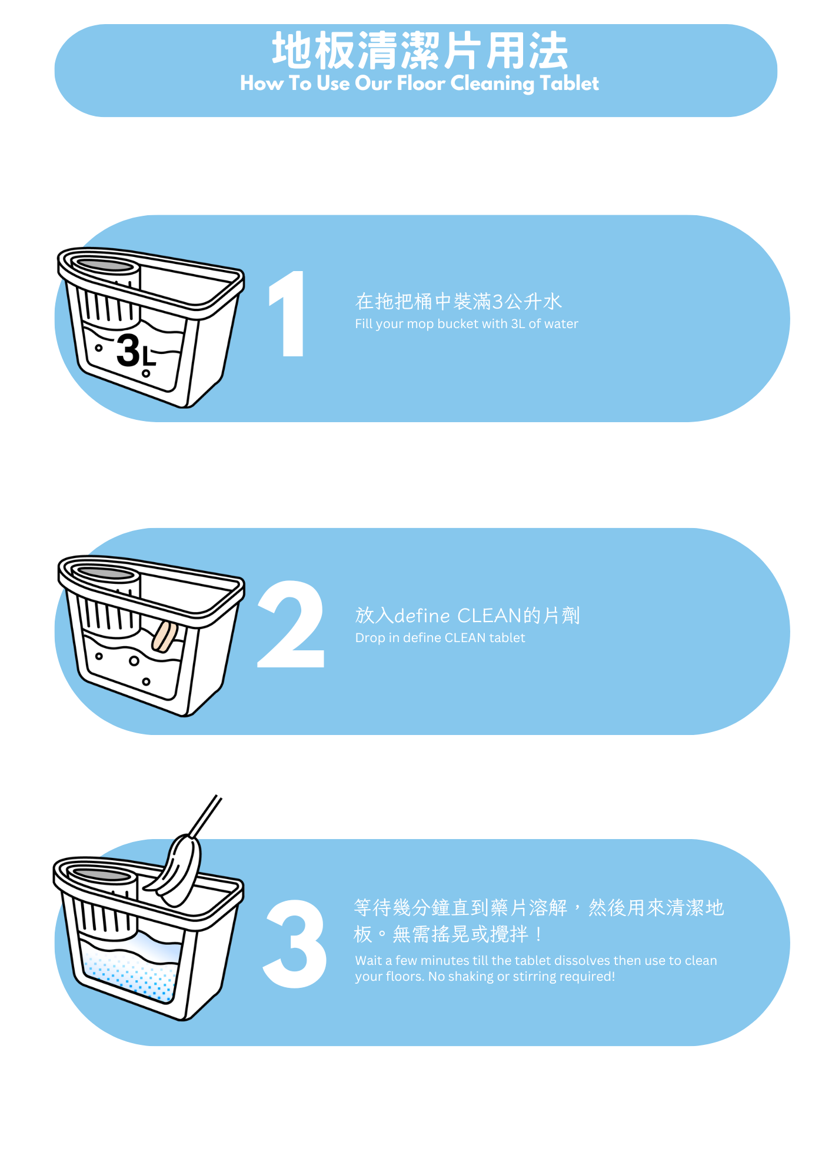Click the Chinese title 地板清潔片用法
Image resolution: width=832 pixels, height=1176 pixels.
[420, 51]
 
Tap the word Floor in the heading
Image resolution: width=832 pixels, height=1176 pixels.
[421, 83]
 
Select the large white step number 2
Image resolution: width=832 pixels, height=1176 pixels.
[291, 624]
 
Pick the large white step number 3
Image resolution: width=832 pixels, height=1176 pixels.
[294, 944]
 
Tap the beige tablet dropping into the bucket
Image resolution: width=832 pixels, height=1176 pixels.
[165, 637]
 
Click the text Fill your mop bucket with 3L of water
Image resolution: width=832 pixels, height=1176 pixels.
[467, 324]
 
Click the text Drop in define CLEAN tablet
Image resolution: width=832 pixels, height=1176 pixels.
[440, 638]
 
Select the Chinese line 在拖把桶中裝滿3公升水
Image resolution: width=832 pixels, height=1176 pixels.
[459, 302]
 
